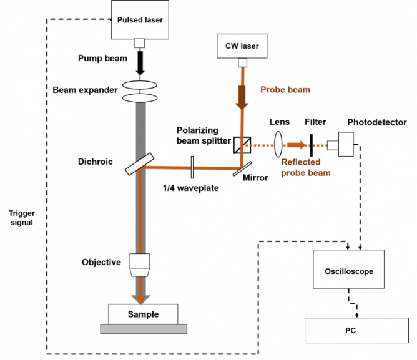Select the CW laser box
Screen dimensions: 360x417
click(x=241, y=46)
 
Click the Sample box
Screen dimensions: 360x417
click(x=143, y=314)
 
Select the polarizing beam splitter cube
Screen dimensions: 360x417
click(x=241, y=145)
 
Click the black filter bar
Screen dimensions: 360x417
click(x=310, y=145)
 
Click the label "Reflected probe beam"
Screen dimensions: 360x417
click(x=305, y=167)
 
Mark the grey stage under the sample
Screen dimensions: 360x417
click(x=143, y=329)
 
